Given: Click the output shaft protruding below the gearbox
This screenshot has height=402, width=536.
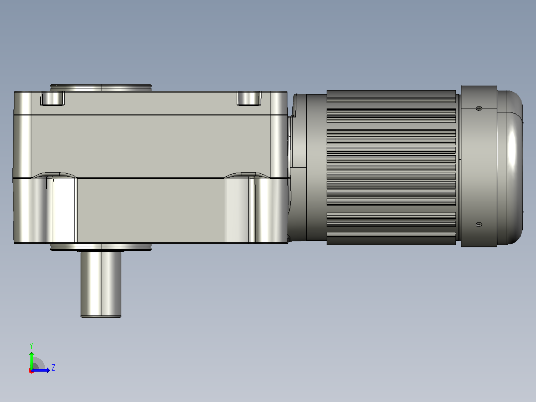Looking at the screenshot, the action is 101,285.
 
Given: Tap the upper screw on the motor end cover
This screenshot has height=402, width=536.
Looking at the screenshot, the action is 479,108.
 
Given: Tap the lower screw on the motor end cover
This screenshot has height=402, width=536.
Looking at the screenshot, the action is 479,225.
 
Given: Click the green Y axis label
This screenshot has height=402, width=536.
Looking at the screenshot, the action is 31,346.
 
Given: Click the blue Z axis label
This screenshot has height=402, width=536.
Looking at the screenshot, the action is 53,368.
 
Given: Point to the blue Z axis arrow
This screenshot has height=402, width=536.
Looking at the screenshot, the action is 41,370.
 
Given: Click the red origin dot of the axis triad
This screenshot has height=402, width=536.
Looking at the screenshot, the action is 31,371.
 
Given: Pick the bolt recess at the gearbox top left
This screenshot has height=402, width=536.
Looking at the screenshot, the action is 52,98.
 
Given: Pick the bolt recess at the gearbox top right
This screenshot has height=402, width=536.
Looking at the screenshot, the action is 249,98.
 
